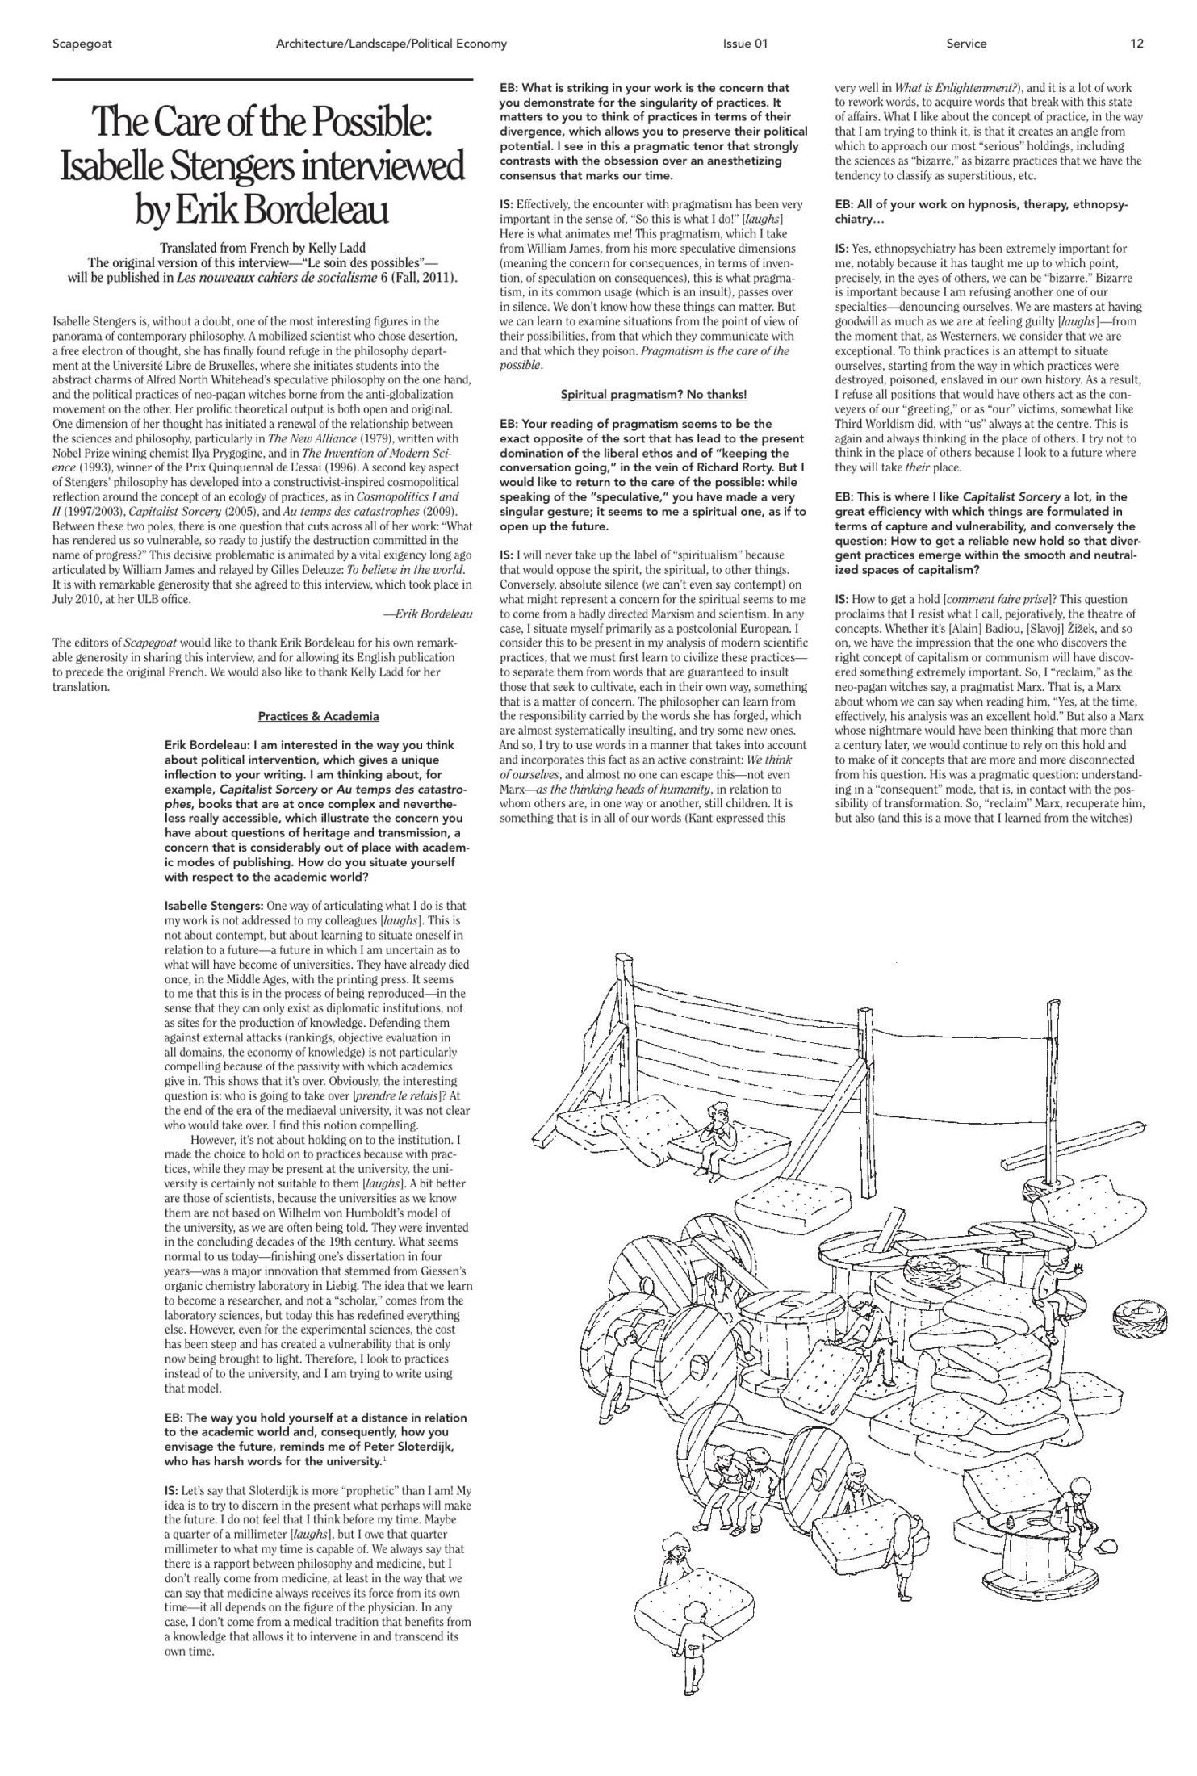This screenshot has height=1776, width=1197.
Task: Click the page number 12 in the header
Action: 1136,44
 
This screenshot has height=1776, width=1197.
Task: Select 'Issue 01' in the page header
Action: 744,44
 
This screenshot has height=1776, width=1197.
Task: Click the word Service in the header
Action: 966,44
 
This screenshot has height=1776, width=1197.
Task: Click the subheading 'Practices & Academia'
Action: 318,716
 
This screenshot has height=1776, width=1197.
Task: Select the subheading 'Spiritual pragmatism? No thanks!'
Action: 654,394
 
